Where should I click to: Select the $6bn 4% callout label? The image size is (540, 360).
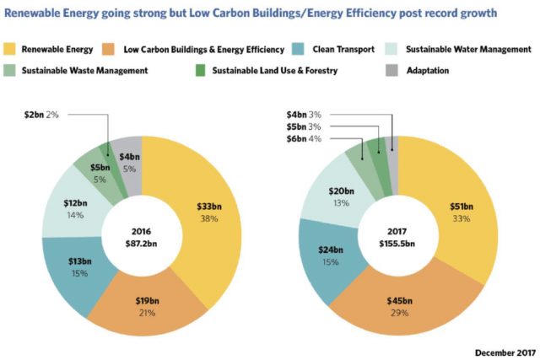point(303,139)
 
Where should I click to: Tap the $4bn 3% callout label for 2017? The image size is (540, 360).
point(303,114)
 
